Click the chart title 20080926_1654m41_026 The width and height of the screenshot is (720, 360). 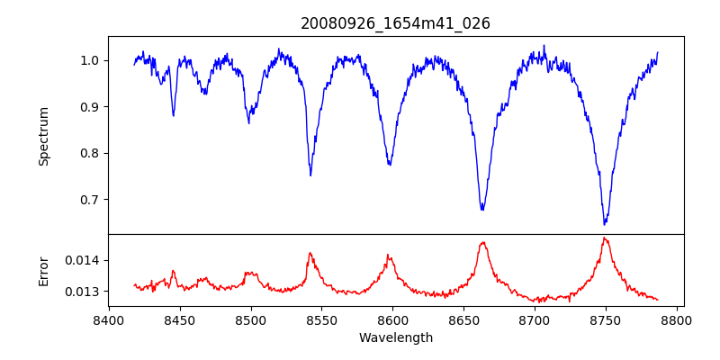pos(395,24)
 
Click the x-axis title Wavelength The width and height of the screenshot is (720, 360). pos(395,338)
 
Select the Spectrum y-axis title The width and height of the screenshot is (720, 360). pos(44,136)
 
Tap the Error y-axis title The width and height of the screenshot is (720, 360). pos(44,271)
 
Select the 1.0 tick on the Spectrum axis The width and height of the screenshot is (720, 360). pos(90,60)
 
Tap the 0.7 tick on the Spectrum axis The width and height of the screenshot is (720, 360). pos(90,200)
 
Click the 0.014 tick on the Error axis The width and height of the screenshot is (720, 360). pos(85,260)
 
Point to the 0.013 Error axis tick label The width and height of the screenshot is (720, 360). pos(85,292)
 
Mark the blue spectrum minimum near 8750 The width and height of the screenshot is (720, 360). pos(605,224)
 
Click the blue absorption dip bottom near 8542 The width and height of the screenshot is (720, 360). pos(310,175)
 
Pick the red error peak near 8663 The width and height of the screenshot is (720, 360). pos(483,242)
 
